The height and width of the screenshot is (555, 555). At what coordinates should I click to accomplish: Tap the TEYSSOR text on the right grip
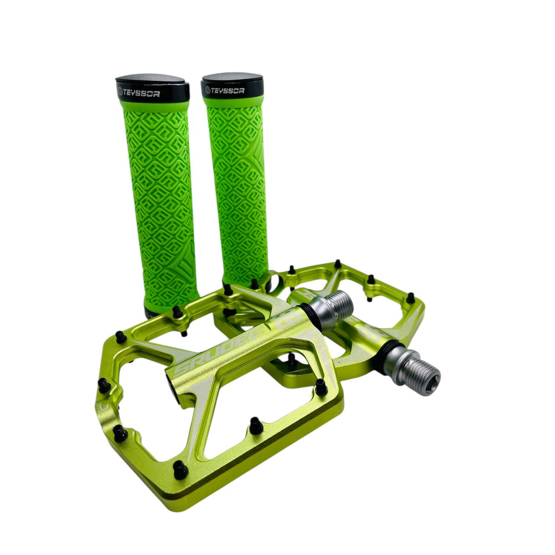[229, 91]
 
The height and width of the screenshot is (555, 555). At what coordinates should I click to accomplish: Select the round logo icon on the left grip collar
[120, 91]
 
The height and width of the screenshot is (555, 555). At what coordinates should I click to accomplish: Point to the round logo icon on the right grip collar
[208, 91]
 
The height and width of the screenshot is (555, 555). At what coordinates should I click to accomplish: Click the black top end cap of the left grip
[152, 80]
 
